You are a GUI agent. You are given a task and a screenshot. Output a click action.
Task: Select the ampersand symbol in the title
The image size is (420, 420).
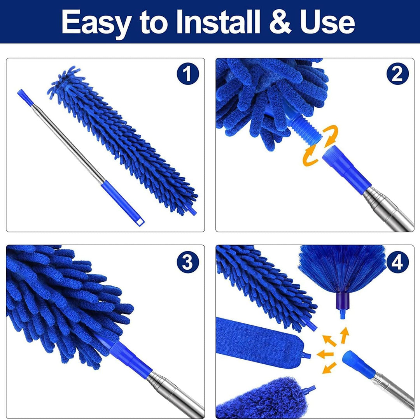280,22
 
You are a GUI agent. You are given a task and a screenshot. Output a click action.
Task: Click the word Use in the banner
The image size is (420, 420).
327,22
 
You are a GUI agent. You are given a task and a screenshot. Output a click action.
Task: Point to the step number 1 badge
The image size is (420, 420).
188,74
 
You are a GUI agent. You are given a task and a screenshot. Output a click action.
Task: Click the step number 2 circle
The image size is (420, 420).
398,74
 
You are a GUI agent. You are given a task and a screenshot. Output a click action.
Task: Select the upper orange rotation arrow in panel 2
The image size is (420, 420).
331,135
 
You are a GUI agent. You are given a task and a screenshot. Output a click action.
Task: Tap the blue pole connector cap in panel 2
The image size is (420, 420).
346,170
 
